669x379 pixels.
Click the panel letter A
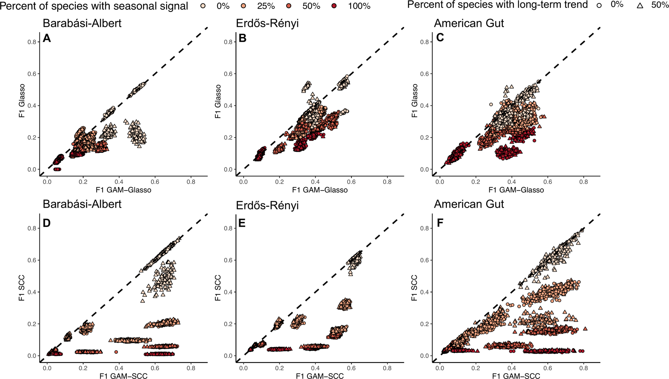coord(47,38)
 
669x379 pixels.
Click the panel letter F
coord(440,223)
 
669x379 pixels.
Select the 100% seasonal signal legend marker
coord(334,6)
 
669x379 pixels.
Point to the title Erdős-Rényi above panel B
coord(267,23)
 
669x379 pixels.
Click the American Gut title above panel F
coord(469,204)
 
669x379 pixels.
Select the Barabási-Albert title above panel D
coord(82,204)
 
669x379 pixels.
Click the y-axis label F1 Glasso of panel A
coord(22,101)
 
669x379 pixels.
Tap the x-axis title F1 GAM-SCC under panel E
coord(320,376)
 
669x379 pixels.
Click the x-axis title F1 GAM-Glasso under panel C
coord(516,190)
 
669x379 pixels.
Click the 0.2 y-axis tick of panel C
coord(425,137)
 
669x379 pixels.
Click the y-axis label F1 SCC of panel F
coord(415,288)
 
